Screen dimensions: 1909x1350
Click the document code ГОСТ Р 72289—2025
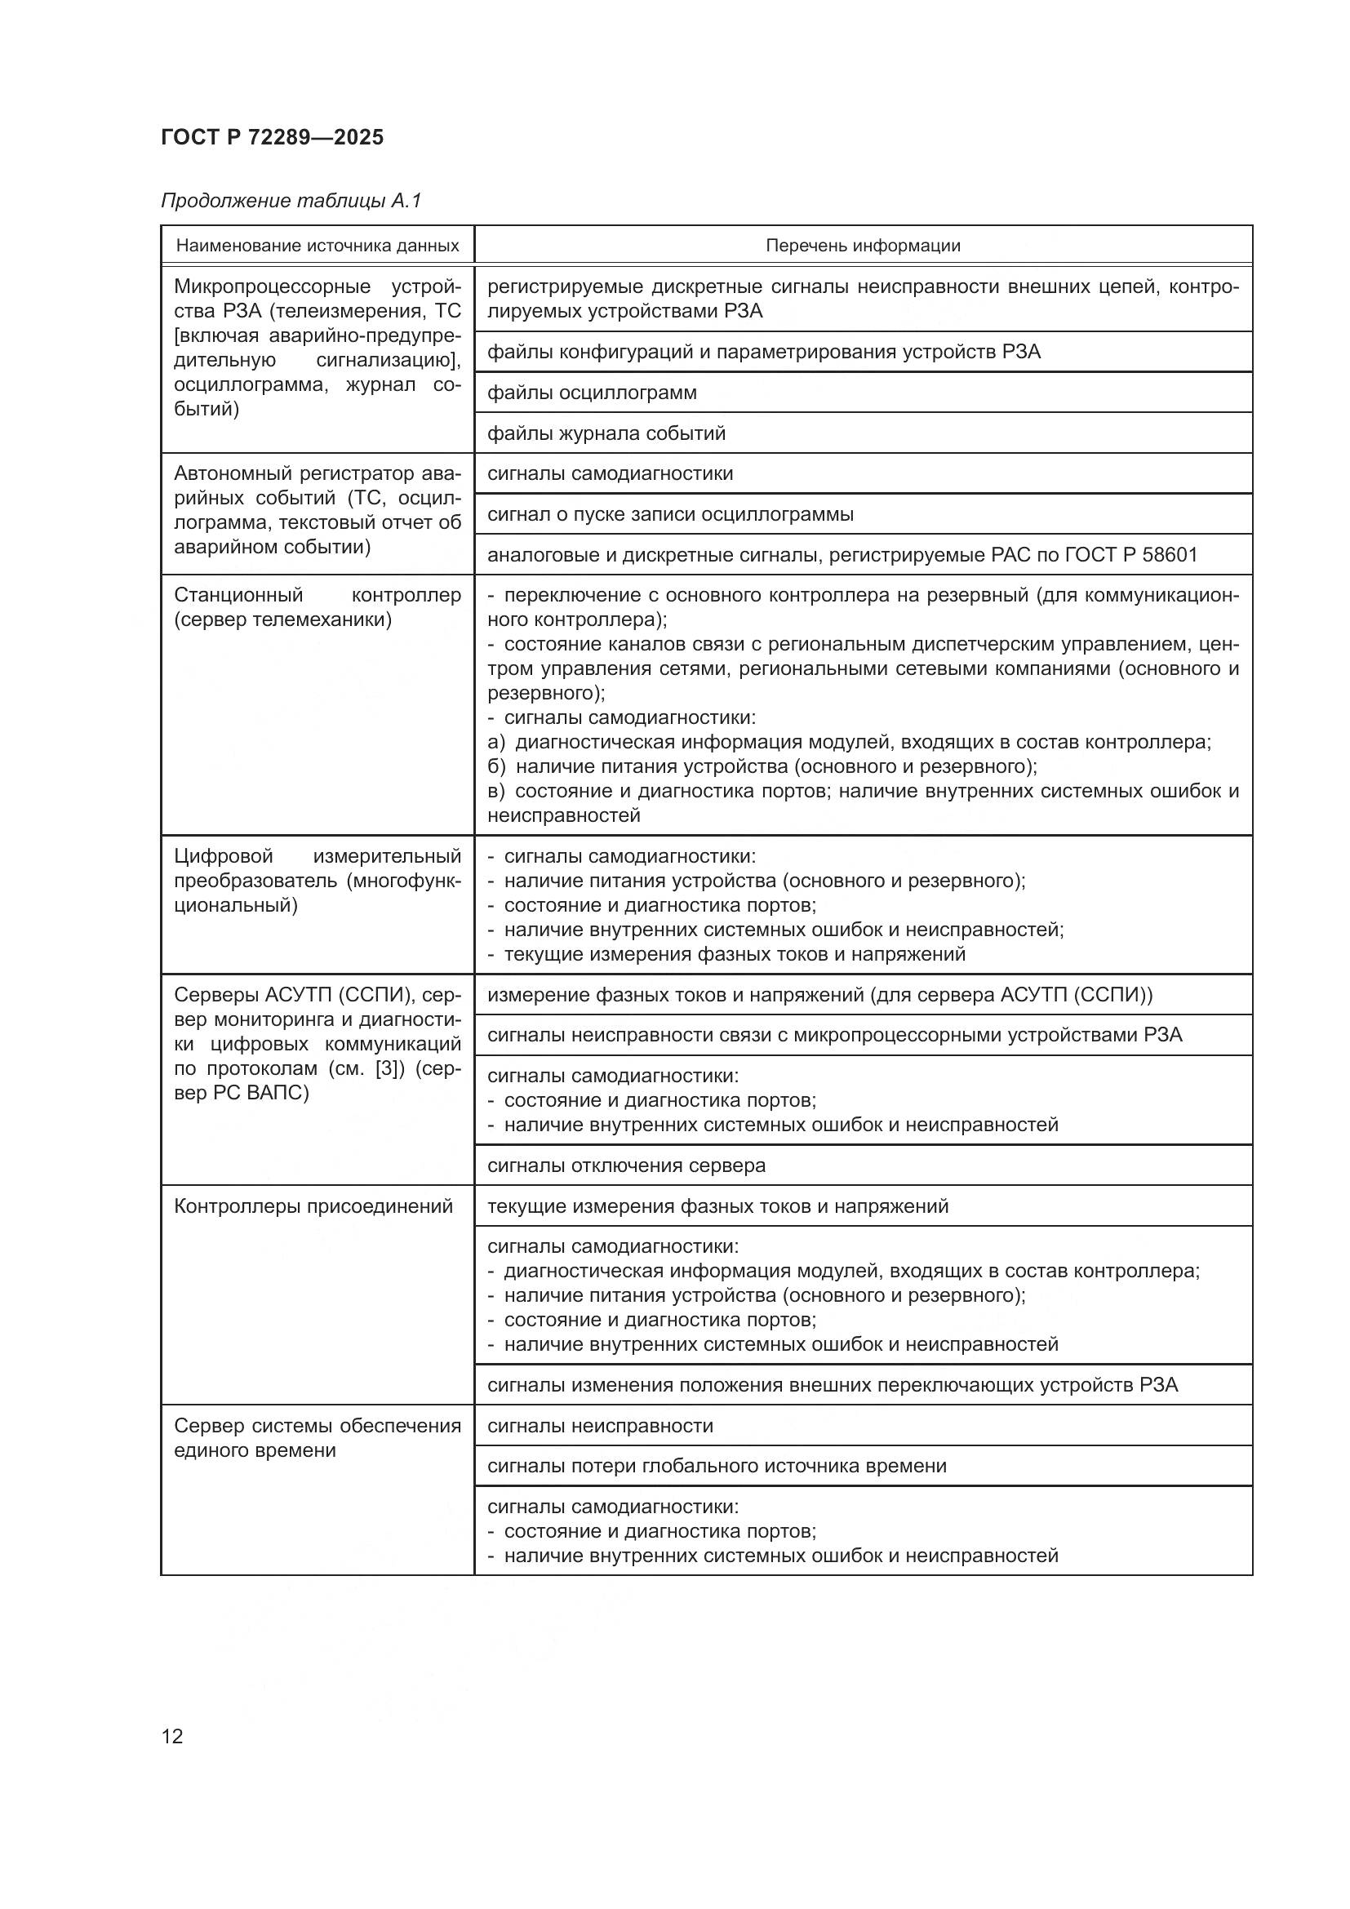pos(272,137)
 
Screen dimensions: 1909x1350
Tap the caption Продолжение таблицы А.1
pos(291,201)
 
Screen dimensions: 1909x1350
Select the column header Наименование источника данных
pos(317,246)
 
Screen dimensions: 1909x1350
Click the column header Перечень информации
pos(862,246)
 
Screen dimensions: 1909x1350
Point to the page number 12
pos(172,1736)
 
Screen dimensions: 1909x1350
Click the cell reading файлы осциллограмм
pos(592,393)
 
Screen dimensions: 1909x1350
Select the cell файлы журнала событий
pos(606,433)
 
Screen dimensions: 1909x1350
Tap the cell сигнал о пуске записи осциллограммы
pos(670,514)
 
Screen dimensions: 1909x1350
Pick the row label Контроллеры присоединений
pos(313,1206)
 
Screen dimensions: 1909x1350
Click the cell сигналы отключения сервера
pos(626,1165)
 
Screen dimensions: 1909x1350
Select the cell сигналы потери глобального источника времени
pos(717,1466)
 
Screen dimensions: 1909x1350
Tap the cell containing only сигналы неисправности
pos(600,1426)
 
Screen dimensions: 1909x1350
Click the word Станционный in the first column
pos(238,595)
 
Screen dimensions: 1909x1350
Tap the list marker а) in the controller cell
pos(495,743)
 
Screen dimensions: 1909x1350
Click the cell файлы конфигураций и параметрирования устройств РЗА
pos(763,352)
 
